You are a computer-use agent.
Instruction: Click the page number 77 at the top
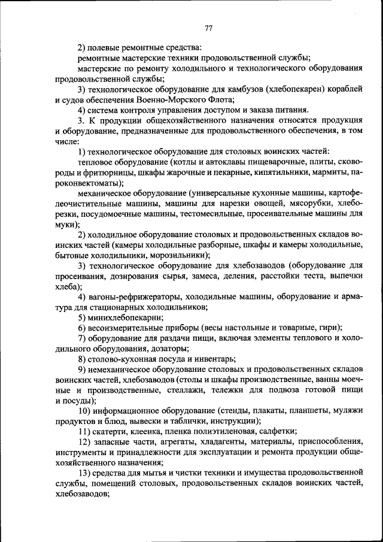pos(208,28)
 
